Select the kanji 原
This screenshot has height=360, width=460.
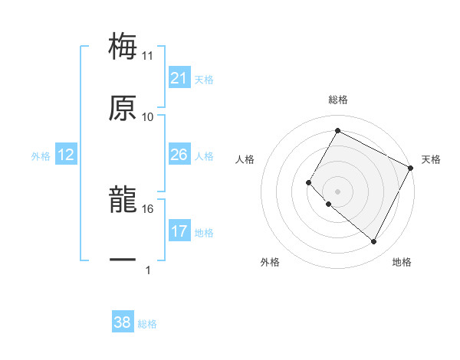point(123,108)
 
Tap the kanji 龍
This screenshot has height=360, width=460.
point(123,200)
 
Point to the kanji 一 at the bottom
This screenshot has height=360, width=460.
point(123,261)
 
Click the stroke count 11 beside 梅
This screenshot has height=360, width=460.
point(148,56)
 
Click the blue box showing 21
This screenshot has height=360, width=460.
point(179,78)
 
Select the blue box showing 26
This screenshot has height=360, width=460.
point(179,155)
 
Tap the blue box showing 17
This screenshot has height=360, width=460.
point(179,231)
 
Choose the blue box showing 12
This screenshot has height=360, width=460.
point(66,155)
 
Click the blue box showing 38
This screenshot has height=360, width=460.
point(123,322)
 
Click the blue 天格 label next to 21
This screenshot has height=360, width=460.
point(204,79)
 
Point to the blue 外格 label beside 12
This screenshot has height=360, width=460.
point(41,155)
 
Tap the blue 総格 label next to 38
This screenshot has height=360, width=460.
point(147,323)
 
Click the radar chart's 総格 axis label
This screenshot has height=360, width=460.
point(337,100)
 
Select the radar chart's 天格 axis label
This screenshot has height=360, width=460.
point(431,159)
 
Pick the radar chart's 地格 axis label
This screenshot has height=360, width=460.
point(402,262)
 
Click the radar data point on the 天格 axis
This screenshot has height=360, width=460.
point(412,167)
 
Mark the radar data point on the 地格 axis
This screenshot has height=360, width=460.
point(374,242)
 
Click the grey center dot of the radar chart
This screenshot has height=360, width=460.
point(337,191)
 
